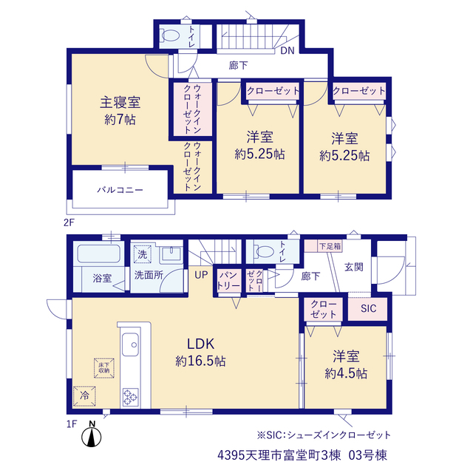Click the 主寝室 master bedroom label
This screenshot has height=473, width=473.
pos(120,103)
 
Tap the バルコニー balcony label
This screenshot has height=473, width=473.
pos(120,190)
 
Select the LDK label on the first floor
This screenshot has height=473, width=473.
pos(200,344)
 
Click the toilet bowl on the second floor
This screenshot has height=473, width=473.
pos(170,35)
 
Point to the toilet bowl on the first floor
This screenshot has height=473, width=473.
pos(264,251)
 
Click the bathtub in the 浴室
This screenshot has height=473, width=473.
pos(99,253)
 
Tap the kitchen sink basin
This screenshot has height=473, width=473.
pos(130,344)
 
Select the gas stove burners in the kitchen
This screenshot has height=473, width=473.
pos(130,397)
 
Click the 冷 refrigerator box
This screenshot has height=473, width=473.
pos(84,396)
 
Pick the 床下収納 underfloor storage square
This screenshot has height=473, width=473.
pos(103,368)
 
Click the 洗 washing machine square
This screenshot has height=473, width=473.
pos(142,254)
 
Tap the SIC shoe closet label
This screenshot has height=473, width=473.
pos(368,308)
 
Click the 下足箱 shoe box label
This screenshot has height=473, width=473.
pos(330,246)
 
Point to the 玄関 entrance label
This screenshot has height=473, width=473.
pos(354,267)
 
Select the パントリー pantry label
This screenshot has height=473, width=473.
pos(228,280)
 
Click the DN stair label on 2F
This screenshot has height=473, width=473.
pos(287,51)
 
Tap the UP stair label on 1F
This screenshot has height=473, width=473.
pos(201,275)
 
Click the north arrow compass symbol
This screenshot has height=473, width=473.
pos(92,435)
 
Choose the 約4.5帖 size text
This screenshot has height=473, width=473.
pos(346,374)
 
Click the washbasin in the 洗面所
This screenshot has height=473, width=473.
pos(171,253)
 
